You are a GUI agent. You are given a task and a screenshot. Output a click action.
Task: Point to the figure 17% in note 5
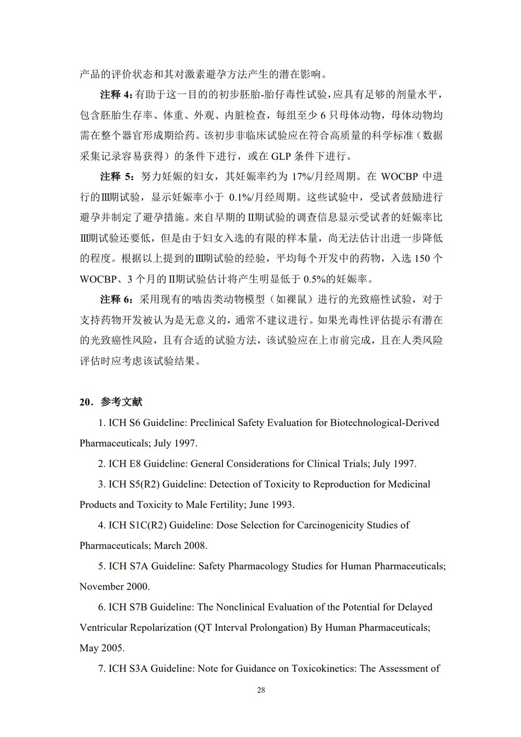[301, 177]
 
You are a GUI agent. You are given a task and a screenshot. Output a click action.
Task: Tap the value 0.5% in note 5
[315, 279]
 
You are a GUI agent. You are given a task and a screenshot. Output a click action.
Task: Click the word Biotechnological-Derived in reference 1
[384, 422]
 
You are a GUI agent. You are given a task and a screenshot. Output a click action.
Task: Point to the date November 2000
[115, 586]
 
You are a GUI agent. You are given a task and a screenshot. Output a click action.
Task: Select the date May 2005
[102, 648]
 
